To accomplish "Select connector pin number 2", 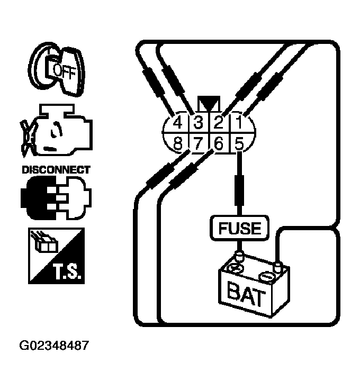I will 218,123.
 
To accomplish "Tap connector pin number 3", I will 198,123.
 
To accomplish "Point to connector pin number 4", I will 178,123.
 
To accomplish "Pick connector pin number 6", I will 218,143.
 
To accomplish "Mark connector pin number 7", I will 198,143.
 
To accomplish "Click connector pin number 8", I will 178,143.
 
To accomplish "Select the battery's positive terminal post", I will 238,258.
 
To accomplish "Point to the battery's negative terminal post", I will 276,263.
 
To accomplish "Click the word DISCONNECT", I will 56,170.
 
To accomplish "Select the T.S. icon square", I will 55,256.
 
